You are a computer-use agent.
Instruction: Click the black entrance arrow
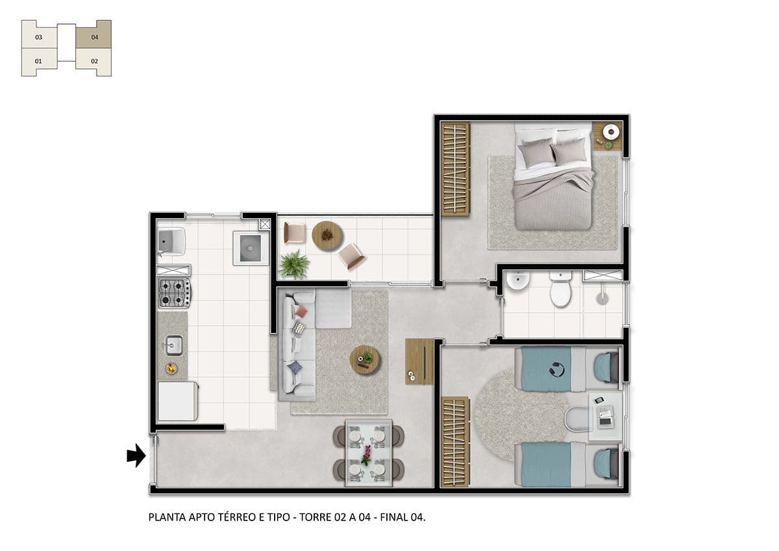(136, 455)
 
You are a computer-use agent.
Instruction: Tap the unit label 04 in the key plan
(95, 37)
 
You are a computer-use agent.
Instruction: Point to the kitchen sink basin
(173, 345)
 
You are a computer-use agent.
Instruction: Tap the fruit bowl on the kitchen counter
(171, 368)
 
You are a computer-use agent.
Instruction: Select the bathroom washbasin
(518, 280)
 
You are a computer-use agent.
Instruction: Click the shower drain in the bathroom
(602, 299)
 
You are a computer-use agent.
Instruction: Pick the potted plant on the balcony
(294, 264)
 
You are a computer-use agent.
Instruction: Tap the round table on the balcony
(327, 236)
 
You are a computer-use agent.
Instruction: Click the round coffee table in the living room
(365, 360)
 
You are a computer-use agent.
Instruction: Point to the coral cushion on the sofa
(301, 311)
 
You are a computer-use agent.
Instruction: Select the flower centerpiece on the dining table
(367, 455)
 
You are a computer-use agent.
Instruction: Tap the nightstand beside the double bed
(608, 136)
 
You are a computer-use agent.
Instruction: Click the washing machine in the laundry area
(251, 248)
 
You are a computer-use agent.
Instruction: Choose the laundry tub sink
(171, 241)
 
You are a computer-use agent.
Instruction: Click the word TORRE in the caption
(315, 517)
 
